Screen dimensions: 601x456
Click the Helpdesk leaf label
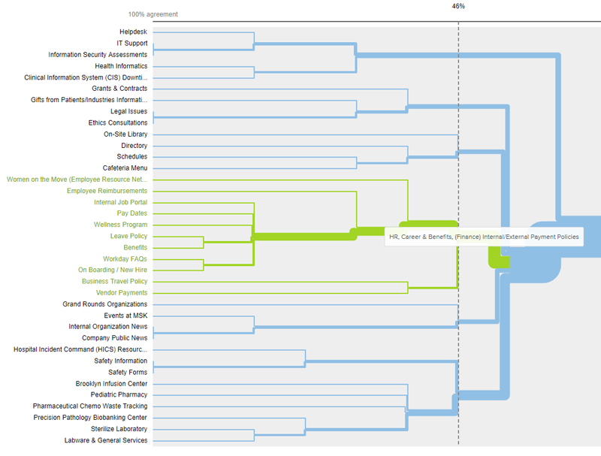(x=133, y=32)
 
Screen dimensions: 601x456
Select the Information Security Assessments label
(x=98, y=55)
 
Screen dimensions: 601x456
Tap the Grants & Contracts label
(x=119, y=89)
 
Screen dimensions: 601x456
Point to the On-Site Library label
(x=125, y=134)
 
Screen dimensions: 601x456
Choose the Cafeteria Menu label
(x=125, y=168)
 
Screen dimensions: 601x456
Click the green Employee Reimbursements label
(x=107, y=191)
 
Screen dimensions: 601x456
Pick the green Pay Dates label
(x=132, y=213)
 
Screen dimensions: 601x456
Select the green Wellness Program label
(x=120, y=225)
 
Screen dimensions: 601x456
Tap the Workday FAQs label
(x=125, y=259)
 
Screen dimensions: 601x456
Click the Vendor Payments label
(x=122, y=293)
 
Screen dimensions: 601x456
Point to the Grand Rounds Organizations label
(x=105, y=304)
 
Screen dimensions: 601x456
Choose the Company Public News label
(x=115, y=338)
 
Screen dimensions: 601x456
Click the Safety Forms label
(x=128, y=372)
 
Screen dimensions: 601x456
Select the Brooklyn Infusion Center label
(x=111, y=384)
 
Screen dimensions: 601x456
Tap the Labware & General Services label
(x=106, y=440)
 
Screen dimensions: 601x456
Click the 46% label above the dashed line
(x=458, y=6)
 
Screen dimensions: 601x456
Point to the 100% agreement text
(x=153, y=14)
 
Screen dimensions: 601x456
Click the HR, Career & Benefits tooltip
(x=484, y=237)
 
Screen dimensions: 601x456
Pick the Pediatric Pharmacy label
(x=119, y=394)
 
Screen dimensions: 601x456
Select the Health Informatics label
(x=121, y=66)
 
